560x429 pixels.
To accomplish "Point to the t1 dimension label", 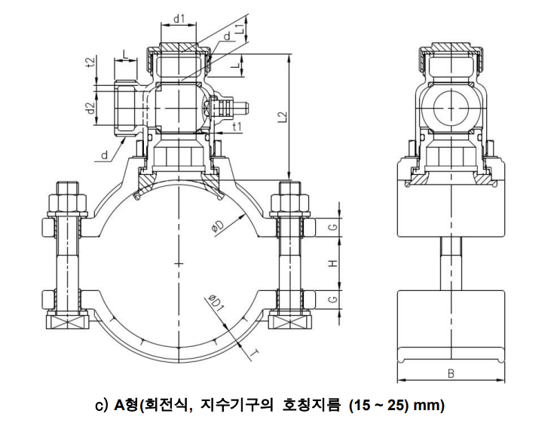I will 237,126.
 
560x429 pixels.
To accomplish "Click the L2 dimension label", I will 282,118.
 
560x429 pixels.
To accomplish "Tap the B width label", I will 450,372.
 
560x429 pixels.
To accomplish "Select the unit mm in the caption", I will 430,406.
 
